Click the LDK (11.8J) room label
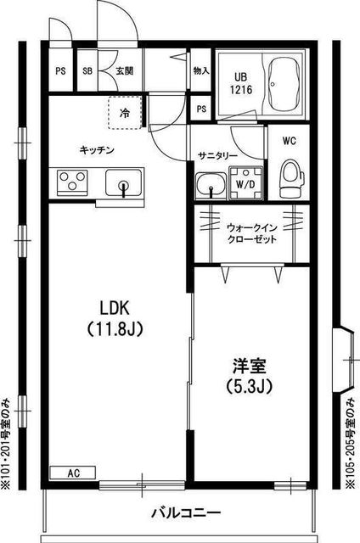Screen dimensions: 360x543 pyautogui.click(x=115, y=317)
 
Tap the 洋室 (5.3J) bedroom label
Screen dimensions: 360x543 pyautogui.click(x=249, y=376)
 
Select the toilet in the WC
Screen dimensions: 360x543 pyautogui.click(x=291, y=178)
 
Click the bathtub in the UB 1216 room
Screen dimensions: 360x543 pyautogui.click(x=284, y=85)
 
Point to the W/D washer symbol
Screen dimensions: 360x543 pyautogui.click(x=245, y=183)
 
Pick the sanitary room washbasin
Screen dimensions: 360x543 pyautogui.click(x=211, y=186)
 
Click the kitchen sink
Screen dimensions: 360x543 pyautogui.click(x=123, y=183)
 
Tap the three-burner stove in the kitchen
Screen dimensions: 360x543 pyautogui.click(x=72, y=182)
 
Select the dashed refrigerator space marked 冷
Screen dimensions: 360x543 pyautogui.click(x=125, y=112)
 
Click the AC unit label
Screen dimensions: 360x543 pyautogui.click(x=73, y=473)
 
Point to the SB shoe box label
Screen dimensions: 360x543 pyautogui.click(x=87, y=71)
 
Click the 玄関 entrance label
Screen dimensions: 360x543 pyautogui.click(x=125, y=71)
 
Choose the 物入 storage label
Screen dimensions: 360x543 pyautogui.click(x=201, y=71)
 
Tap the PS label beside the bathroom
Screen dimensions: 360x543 pyautogui.click(x=201, y=109)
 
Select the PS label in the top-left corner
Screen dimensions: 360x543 pyautogui.click(x=60, y=71)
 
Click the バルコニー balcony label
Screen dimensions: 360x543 pyautogui.click(x=185, y=512)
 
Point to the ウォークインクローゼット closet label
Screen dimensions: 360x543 pyautogui.click(x=252, y=233)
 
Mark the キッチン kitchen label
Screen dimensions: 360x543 pyautogui.click(x=97, y=150)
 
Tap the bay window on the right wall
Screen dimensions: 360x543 pyautogui.click(x=345, y=360)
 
